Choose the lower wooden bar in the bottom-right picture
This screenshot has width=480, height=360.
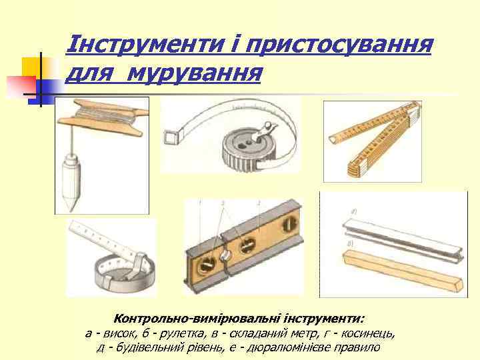pos(400,268)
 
